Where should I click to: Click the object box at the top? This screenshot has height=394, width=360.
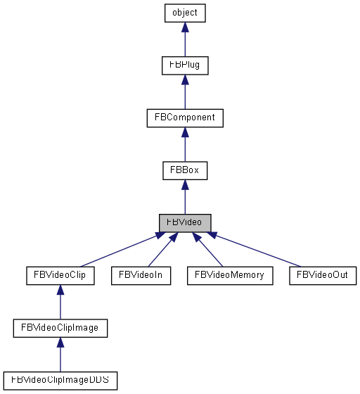184,13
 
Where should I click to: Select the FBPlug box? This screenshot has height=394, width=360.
184,65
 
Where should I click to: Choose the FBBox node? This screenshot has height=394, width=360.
184,170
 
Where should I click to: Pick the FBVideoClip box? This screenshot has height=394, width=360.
60,274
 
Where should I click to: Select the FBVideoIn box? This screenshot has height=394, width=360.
141,274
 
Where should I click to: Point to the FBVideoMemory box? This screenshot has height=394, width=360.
229,274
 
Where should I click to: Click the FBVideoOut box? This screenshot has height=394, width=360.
323,274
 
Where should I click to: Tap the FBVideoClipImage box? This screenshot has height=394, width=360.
60,327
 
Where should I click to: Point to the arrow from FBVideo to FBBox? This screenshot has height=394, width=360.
184,198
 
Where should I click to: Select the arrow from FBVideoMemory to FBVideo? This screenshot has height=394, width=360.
209,250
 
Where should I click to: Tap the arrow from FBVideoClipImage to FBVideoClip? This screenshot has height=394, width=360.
60,303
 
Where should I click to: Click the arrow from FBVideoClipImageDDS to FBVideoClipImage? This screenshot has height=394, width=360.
60,355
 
